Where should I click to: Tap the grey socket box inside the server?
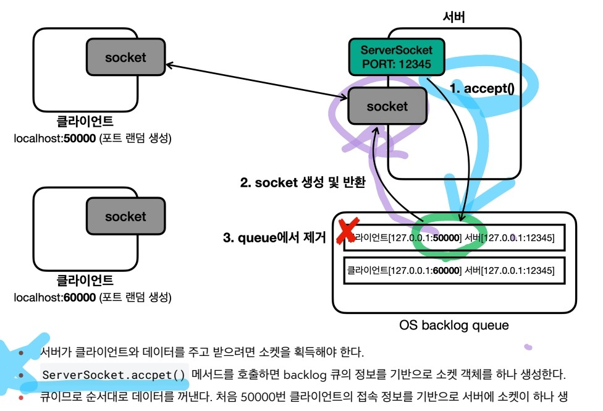click(x=387, y=106)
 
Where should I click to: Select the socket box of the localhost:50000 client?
click(x=125, y=57)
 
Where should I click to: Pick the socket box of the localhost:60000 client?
click(x=125, y=216)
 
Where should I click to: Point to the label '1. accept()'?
click(x=482, y=88)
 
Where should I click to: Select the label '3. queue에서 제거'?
click(x=274, y=238)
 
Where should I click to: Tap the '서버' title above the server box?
click(x=454, y=17)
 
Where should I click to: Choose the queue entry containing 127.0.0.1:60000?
click(x=454, y=270)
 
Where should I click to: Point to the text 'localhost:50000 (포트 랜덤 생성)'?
click(x=93, y=139)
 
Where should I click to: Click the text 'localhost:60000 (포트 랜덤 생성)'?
click(x=93, y=298)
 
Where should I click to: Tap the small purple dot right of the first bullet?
click(x=528, y=347)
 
